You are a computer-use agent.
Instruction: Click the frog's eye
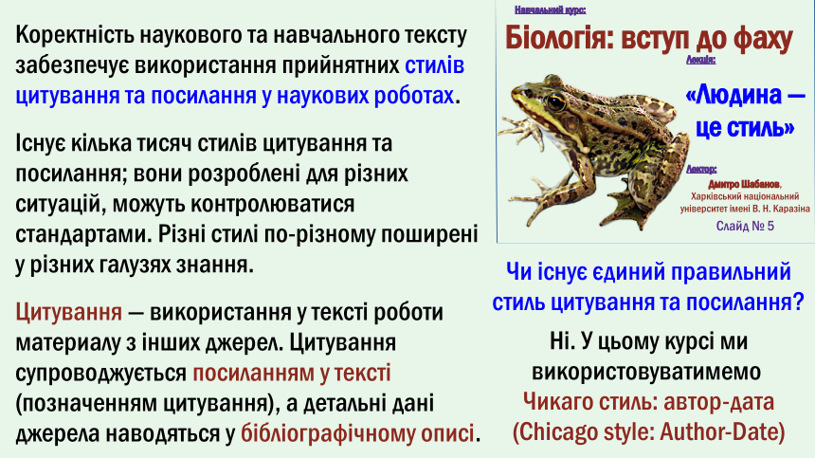556,101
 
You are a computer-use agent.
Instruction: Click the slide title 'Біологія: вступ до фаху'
648,38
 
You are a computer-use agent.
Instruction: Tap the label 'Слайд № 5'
745,226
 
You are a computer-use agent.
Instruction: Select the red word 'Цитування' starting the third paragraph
68,312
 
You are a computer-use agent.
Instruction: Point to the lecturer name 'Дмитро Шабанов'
744,185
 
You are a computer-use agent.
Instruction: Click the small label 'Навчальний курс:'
550,9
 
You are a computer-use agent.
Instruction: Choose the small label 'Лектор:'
701,169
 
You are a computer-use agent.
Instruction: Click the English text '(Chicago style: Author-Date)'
648,432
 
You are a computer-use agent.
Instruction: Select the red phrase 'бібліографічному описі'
357,433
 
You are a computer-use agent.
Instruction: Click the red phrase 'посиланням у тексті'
292,374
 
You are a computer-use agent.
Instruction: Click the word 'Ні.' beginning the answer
560,342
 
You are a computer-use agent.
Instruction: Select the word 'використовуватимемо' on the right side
646,373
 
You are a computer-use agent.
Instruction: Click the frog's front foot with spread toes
517,131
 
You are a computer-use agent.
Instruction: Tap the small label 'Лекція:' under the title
700,60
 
